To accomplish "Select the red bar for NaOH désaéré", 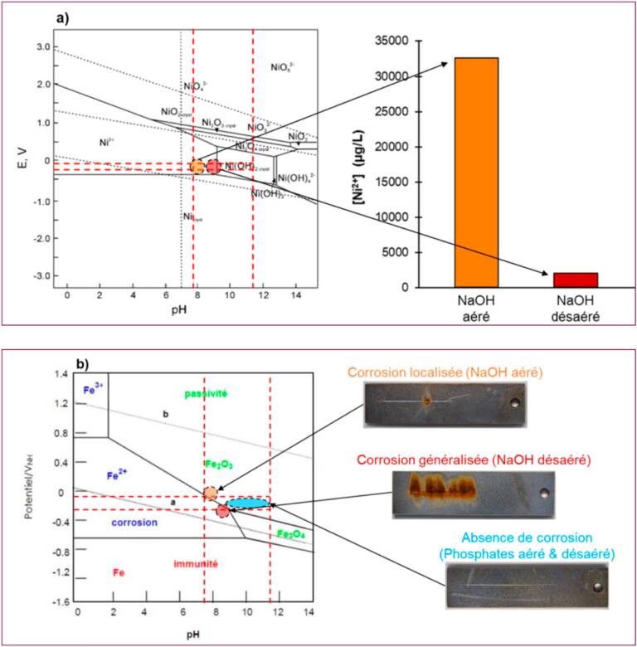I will point(574,280).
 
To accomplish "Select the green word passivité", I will point(205,392).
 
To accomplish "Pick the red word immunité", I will point(196,564).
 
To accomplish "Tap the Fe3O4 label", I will point(290,534).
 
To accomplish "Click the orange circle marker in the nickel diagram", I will point(197,167).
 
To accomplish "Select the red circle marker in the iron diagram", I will point(222,512).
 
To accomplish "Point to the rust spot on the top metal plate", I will point(428,402).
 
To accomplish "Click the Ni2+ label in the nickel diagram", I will point(105,143).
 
